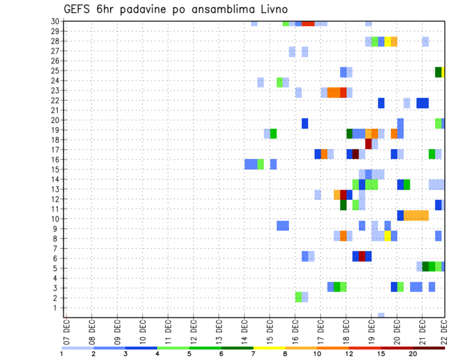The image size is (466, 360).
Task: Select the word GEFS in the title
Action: coord(79,9)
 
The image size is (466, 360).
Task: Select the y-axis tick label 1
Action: coord(57,308)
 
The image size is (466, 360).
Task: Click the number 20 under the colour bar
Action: coord(413,354)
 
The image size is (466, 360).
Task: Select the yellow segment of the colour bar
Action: coord(269,348)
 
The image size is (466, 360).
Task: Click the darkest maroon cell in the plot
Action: coord(355,154)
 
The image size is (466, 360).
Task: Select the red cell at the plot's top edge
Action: coord(308,23)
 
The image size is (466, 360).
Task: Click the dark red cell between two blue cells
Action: coord(362,256)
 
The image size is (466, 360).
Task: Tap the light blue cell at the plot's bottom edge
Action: coord(381,315)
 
